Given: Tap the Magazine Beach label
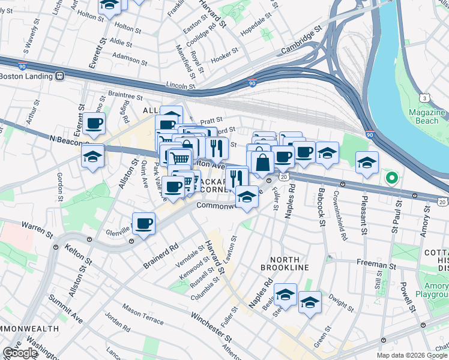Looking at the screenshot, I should coord(427,116).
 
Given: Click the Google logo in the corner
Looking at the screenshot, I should coord(20,353).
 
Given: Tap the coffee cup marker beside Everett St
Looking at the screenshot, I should coord(94,124).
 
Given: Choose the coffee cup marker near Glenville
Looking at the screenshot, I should coord(143,224).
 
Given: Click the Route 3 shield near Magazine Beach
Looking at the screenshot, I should coord(424,98).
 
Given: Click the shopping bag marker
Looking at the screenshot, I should coord(262,161).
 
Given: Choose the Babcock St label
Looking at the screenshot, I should coord(321,213).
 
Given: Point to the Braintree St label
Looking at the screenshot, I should coord(125,95).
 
